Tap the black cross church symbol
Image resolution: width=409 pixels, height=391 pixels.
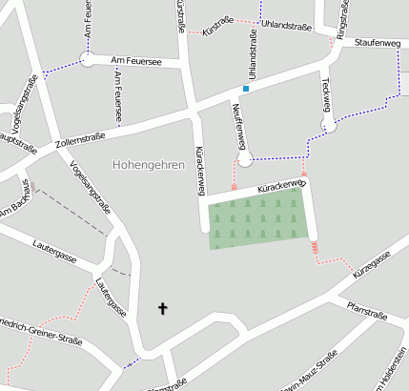pos(162,308)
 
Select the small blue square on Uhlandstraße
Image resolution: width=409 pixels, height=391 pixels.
pos(245,89)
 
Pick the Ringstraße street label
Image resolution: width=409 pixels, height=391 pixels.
pos(340,18)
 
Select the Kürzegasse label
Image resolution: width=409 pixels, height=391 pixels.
pos(372,266)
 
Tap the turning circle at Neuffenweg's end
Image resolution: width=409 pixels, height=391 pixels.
pos(244,159)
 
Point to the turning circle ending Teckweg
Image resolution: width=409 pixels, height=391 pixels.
pos(328,125)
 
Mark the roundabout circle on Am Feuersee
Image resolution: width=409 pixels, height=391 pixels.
pos(87,59)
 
